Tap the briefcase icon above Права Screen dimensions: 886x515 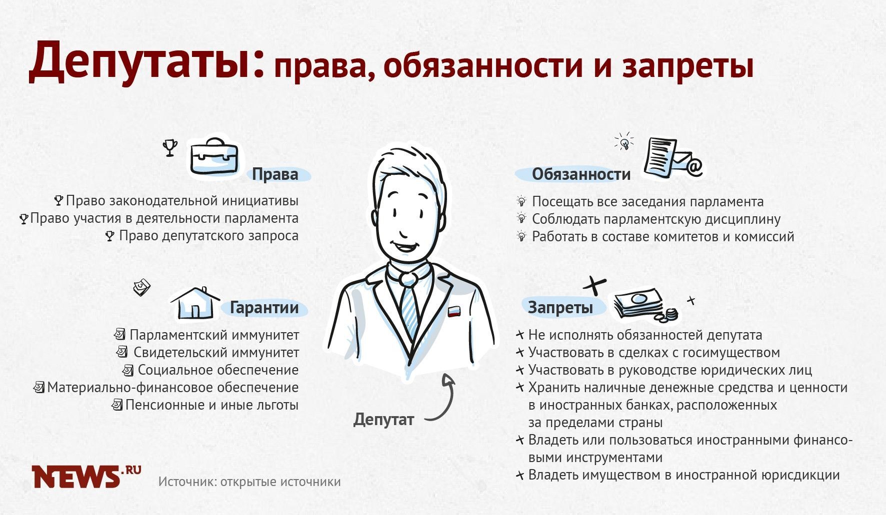click(214, 156)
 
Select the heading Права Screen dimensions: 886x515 click(275, 174)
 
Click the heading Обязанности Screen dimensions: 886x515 click(581, 174)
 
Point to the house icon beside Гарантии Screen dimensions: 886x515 click(195, 303)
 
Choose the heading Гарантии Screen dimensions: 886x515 click(264, 308)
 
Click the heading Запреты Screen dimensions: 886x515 click(560, 307)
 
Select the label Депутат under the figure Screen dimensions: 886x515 click(383, 419)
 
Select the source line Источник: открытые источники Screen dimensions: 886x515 click(249, 482)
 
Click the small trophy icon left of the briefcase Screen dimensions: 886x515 click(170, 148)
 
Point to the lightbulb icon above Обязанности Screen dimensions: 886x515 click(624, 142)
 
